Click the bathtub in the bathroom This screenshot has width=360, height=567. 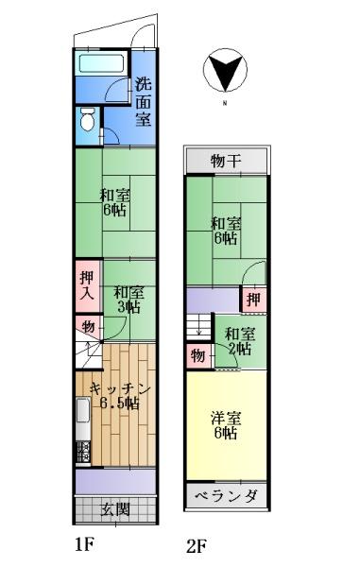coord(101,63)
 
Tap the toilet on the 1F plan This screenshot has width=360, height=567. coord(87,120)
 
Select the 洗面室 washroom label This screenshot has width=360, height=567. coord(143,102)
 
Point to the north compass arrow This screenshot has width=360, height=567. coord(225,71)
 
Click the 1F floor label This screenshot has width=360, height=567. coord(84,544)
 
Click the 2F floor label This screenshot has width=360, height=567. coord(197,546)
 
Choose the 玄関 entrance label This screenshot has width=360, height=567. coord(115,509)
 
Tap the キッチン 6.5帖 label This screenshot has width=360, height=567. coord(120,396)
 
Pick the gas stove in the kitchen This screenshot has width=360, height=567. coord(83,452)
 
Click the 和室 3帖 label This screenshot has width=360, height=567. coord(129,300)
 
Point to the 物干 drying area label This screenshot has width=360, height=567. coord(226,161)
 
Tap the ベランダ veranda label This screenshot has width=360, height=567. coord(227,495)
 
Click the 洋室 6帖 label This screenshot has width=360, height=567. coord(226,425)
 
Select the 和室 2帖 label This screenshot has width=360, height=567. coord(239,341)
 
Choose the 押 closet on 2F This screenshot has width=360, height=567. coord(254,300)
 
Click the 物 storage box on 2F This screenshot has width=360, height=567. coord(198,356)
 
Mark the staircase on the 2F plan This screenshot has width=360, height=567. coord(198,327)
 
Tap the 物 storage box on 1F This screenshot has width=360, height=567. coord(89,327)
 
